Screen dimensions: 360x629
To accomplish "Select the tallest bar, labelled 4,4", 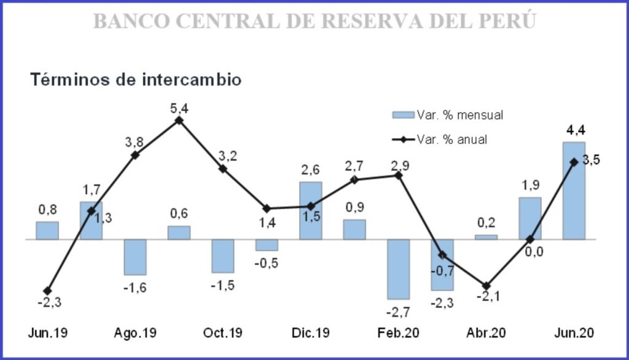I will coord(574,190).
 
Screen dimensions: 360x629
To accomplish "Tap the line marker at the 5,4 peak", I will coord(179,120).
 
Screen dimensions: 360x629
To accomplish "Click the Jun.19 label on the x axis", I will coord(47,333).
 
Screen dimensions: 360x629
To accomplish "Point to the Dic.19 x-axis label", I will coord(311,333).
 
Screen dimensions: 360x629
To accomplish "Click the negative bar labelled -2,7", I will coord(398,268).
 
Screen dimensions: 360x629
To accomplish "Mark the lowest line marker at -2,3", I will coord(47,291).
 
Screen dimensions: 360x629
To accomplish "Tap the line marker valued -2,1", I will coord(486,286).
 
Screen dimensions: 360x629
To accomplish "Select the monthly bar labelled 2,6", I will coord(310,210).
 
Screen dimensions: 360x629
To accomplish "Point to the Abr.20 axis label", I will coord(486,333).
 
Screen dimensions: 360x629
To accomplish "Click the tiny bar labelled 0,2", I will coord(486,237).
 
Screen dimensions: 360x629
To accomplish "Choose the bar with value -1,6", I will coord(135,257).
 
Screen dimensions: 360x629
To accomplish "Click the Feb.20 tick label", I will coord(398,333).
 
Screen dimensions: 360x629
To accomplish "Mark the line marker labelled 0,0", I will coord(530,239).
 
